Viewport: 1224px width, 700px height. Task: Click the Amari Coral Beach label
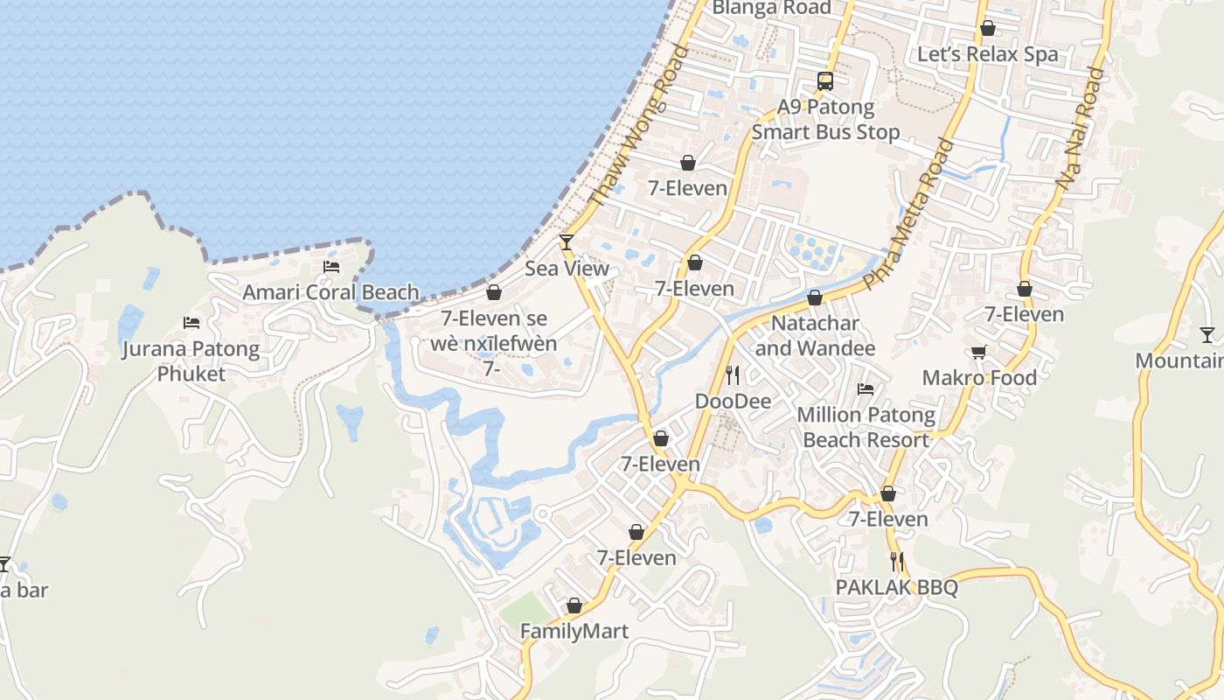click(330, 292)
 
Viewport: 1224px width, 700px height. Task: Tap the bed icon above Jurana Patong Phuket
click(191, 323)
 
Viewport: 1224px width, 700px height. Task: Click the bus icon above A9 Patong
click(825, 81)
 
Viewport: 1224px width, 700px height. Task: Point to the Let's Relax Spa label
click(987, 54)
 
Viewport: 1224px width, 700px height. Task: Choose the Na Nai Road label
click(1081, 129)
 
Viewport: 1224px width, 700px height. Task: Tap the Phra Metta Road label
click(909, 213)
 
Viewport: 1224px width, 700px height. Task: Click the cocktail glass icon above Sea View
click(567, 242)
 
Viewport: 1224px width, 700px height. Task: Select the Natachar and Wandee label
click(815, 336)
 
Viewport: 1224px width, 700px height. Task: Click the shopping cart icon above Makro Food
click(979, 352)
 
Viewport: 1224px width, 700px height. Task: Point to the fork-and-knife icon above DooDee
click(733, 375)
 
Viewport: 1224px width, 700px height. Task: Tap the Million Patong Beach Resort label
click(866, 427)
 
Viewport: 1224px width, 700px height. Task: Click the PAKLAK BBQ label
click(896, 587)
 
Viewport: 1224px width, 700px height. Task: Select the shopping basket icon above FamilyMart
click(574, 605)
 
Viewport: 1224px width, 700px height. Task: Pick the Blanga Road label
click(771, 8)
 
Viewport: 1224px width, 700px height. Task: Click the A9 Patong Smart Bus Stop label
click(825, 120)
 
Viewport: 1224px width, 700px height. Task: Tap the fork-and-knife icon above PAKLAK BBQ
click(896, 561)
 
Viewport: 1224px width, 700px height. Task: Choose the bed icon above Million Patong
click(866, 388)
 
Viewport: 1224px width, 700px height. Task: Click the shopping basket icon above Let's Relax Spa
click(987, 28)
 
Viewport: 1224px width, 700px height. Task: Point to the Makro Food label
click(979, 378)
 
